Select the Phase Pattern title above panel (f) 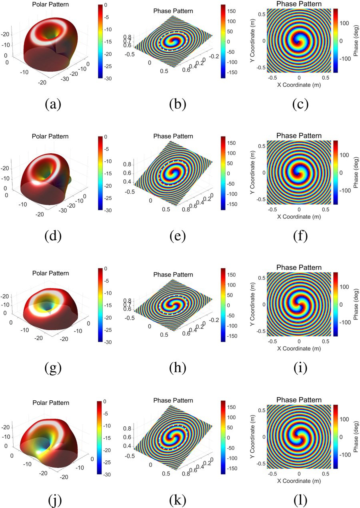(x=299, y=136)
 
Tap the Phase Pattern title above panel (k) (x=173, y=400)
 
